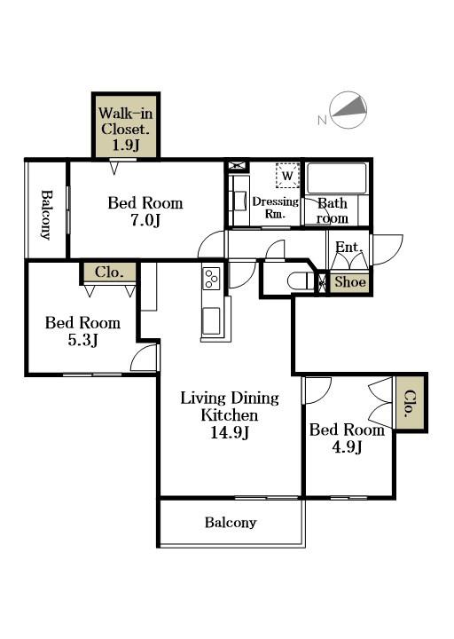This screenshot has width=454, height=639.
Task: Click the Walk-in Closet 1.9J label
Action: click(126, 129)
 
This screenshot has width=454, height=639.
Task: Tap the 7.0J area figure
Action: click(145, 220)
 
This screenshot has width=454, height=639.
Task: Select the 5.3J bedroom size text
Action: click(83, 340)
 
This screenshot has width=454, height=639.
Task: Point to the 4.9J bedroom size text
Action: click(348, 447)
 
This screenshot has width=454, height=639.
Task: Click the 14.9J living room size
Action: click(230, 432)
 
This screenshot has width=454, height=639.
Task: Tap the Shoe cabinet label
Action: click(350, 281)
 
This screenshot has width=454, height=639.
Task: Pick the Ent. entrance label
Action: click(348, 247)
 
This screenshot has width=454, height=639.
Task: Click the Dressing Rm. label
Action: click(275, 208)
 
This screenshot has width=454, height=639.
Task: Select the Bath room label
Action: click(333, 210)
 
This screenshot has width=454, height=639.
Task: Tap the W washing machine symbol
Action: click(287, 176)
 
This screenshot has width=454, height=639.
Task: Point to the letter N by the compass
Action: click(322, 120)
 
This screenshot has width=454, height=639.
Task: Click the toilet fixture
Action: click(301, 281)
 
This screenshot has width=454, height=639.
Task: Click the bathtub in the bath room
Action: click(336, 178)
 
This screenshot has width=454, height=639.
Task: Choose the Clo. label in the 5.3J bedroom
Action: click(109, 272)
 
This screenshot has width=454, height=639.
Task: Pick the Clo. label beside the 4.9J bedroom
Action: click(411, 404)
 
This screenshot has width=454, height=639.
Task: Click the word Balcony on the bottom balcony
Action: click(231, 523)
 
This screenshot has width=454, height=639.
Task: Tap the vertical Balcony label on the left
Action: click(46, 215)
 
